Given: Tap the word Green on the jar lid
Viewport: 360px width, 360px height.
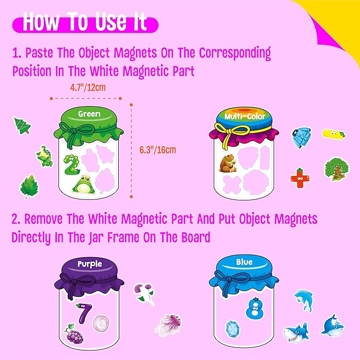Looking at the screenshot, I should pos(89,113).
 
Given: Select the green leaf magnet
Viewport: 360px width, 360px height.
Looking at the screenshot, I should pos(28,187).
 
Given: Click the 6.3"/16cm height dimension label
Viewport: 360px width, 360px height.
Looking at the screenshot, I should pos(159,150).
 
